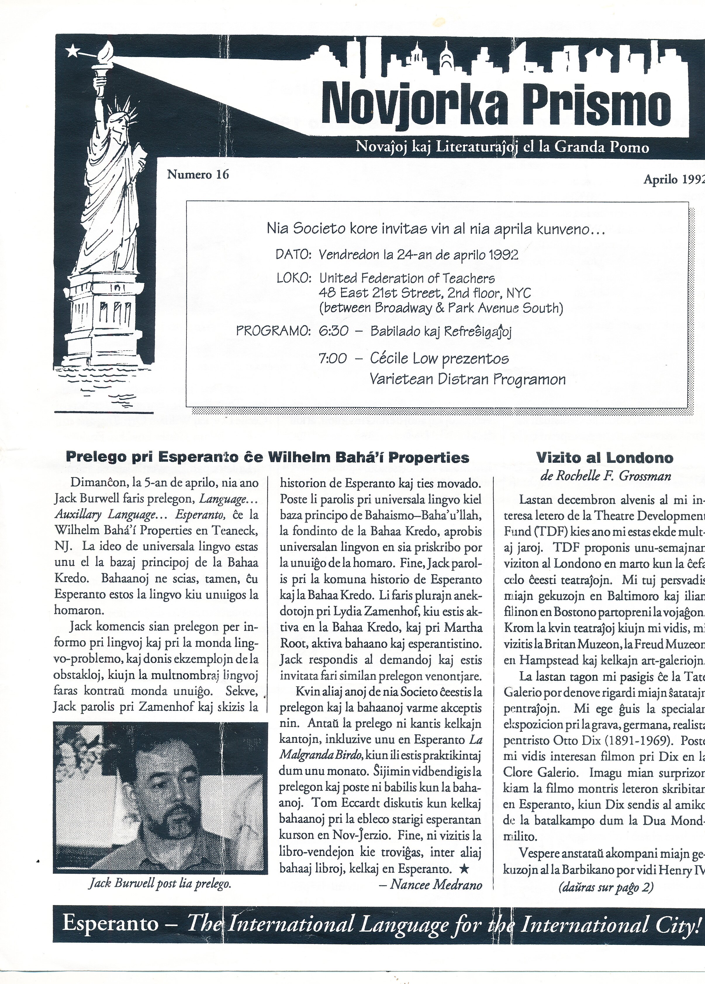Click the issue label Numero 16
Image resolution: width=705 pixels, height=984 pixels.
(x=198, y=175)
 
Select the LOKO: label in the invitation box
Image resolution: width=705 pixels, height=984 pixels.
(x=294, y=278)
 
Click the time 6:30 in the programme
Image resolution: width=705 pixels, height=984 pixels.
(x=334, y=331)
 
